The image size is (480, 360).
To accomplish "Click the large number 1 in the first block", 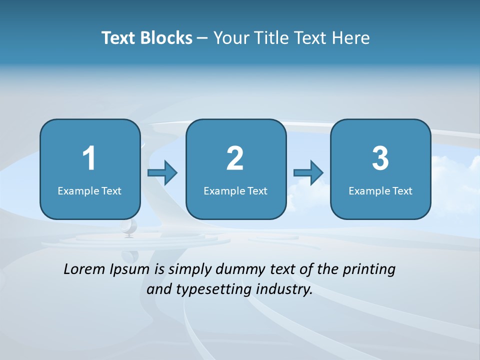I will tap(89, 158).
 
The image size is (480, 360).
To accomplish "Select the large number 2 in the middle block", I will tap(235, 158).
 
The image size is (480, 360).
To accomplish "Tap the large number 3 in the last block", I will tap(380, 158).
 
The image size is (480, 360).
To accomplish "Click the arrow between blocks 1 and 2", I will tap(162, 173).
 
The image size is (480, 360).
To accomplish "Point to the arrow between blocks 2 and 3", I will tap(308, 173).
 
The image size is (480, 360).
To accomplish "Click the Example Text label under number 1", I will tap(89, 190).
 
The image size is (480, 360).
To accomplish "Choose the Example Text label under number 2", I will tap(235, 190).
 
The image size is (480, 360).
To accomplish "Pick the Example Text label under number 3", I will tap(380, 190).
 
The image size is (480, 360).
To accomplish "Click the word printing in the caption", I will tap(369, 270).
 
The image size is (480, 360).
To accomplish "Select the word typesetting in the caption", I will tap(210, 290).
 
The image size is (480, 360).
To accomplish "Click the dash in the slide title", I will tap(202, 38).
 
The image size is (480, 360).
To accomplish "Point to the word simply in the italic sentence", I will tap(188, 270).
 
